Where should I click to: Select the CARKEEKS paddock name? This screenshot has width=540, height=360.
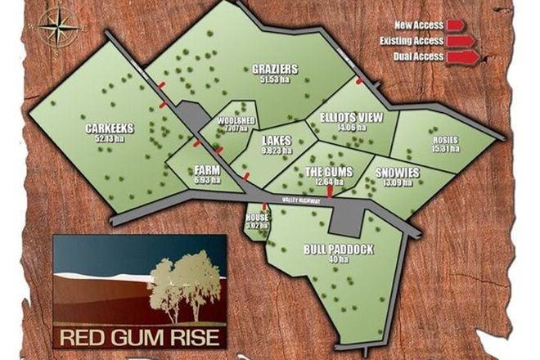coord(109,128)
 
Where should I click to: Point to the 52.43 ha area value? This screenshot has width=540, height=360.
coord(109,138)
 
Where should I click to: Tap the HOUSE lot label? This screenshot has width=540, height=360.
coord(257,218)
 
